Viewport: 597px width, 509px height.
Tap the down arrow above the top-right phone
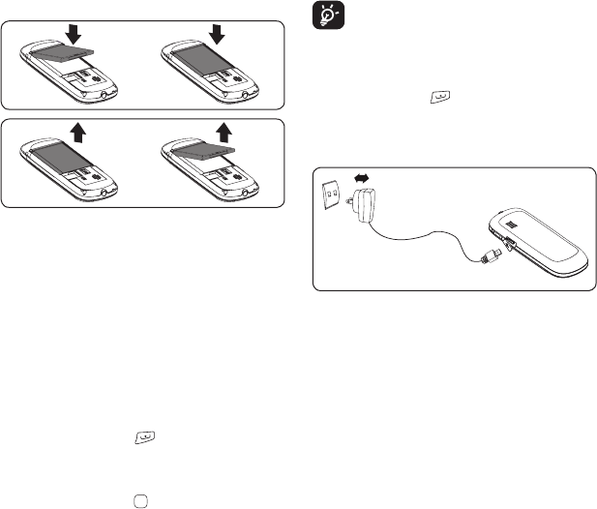(x=217, y=35)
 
